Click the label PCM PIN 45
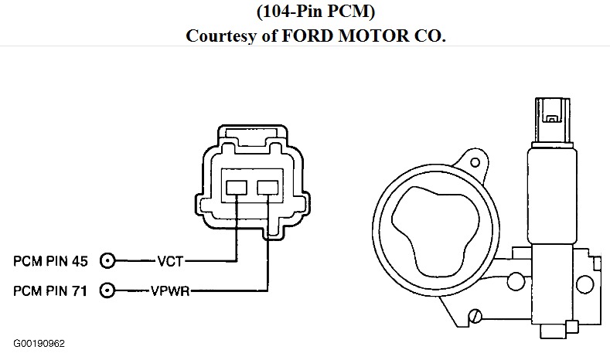(x=51, y=261)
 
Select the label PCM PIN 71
(x=51, y=290)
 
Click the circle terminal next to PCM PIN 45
(x=108, y=261)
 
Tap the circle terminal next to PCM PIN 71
(x=108, y=290)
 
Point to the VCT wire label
(x=170, y=261)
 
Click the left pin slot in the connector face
(x=235, y=186)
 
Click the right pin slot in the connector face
(x=268, y=186)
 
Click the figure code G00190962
(x=38, y=341)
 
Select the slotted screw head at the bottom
(x=476, y=314)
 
